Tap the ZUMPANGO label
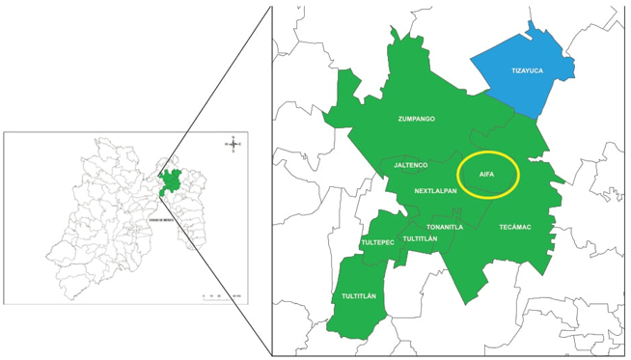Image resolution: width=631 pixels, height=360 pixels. pyautogui.click(x=416, y=119)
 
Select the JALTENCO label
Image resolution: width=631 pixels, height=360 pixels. pyautogui.click(x=410, y=165)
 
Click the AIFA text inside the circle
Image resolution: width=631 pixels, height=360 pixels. pyautogui.click(x=486, y=174)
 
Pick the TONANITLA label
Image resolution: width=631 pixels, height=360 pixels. pyautogui.click(x=442, y=227)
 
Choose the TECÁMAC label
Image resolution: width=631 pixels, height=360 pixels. pyautogui.click(x=514, y=227)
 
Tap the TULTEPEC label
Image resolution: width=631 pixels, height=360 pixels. pyautogui.click(x=377, y=242)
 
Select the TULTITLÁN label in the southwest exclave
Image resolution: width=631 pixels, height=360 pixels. pyautogui.click(x=358, y=296)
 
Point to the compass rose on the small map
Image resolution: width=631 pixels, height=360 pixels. pyautogui.click(x=233, y=145)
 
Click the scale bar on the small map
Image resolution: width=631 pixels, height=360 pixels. pyautogui.click(x=218, y=295)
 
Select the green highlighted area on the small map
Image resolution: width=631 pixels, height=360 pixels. pyautogui.click(x=172, y=180)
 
